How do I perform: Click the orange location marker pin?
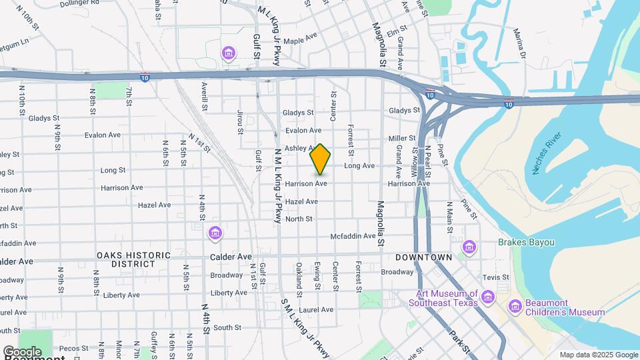320,159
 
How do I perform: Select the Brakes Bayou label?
526,243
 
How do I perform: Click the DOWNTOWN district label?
423,257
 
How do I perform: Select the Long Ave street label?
359,165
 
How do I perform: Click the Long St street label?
113,171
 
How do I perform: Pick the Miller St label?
402,138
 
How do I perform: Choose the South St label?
227,327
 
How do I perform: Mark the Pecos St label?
69,348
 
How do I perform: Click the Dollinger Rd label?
79,3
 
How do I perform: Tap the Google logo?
22,351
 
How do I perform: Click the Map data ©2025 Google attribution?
598,355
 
